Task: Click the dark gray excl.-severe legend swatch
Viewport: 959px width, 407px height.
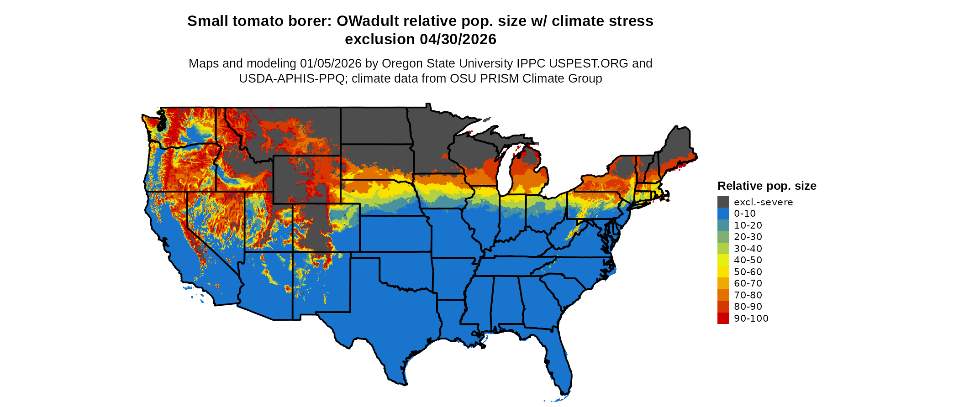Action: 723,202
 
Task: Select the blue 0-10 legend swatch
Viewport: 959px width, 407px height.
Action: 723,214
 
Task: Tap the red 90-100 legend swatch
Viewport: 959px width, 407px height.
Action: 723,318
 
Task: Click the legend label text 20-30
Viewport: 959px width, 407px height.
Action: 748,237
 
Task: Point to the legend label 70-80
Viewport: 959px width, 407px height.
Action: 748,295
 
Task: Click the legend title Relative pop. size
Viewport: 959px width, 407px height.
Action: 767,186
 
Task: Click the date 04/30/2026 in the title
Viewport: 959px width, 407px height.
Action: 458,40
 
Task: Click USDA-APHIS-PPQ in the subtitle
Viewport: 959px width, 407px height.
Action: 292,78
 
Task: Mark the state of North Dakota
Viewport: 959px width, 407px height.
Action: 374,126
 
